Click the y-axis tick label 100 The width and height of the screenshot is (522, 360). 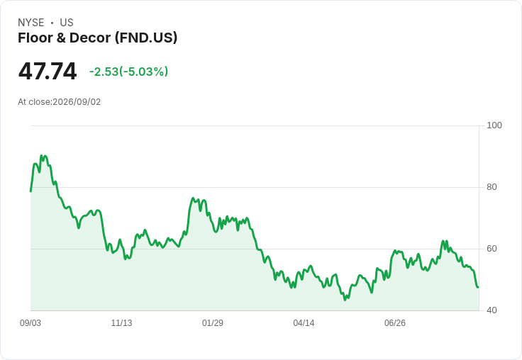point(494,125)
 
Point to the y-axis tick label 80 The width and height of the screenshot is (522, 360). point(492,187)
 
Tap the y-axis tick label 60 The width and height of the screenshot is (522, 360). point(492,249)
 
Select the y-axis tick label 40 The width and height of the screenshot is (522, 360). point(492,310)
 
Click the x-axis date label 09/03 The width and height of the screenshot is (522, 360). point(30,322)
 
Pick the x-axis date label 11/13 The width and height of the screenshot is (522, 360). point(121,322)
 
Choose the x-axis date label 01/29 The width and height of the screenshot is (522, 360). point(213,322)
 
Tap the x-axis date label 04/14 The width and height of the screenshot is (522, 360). point(304,322)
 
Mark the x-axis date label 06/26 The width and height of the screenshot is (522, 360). point(395,322)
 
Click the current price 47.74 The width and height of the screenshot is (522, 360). point(48,71)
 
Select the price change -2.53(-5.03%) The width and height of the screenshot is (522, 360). point(128,72)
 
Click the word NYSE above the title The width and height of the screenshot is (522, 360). point(31,23)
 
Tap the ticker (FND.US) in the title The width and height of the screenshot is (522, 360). point(146,38)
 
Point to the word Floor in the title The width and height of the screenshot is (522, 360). point(35,38)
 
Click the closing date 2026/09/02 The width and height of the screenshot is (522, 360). point(77,102)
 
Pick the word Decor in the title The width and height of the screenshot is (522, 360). point(90,38)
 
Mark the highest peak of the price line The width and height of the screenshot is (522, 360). point(41,155)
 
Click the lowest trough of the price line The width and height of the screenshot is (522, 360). point(345,300)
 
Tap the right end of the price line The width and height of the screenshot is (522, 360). point(479,287)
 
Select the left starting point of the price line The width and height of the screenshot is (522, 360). point(30,191)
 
